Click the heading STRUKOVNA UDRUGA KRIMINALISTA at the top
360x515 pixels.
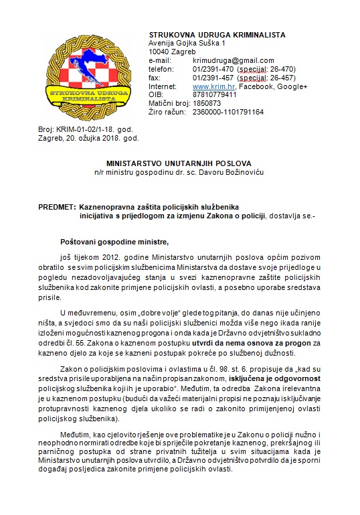pyautogui.click(x=217, y=34)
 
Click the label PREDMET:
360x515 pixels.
pyautogui.click(x=57, y=207)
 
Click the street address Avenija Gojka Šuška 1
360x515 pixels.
pyautogui.click(x=187, y=43)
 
